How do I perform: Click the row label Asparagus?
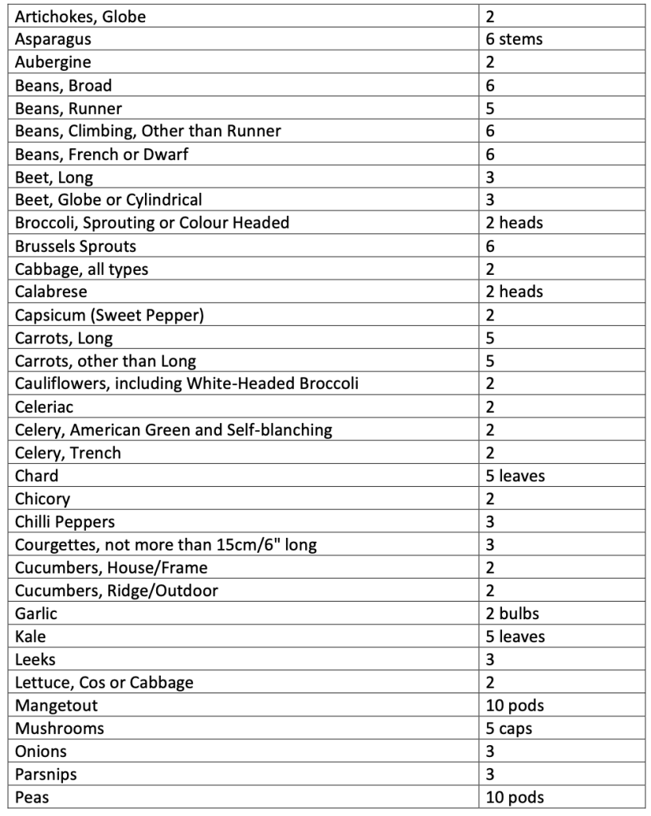[53, 39]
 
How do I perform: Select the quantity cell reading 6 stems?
[514, 39]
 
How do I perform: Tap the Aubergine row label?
[53, 62]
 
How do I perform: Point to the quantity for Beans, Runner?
[491, 108]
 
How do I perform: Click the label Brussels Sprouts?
[76, 246]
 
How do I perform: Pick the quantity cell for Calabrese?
[514, 292]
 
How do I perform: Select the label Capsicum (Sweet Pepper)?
[110, 315]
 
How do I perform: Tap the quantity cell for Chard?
[516, 476]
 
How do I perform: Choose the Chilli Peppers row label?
[65, 522]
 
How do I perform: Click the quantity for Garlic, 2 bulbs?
[514, 614]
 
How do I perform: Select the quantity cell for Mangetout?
[515, 706]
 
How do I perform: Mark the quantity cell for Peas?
[515, 798]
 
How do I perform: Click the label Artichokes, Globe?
[80, 16]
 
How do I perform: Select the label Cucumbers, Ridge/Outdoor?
[116, 590]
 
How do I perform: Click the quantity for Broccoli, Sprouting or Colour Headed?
[514, 223]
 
